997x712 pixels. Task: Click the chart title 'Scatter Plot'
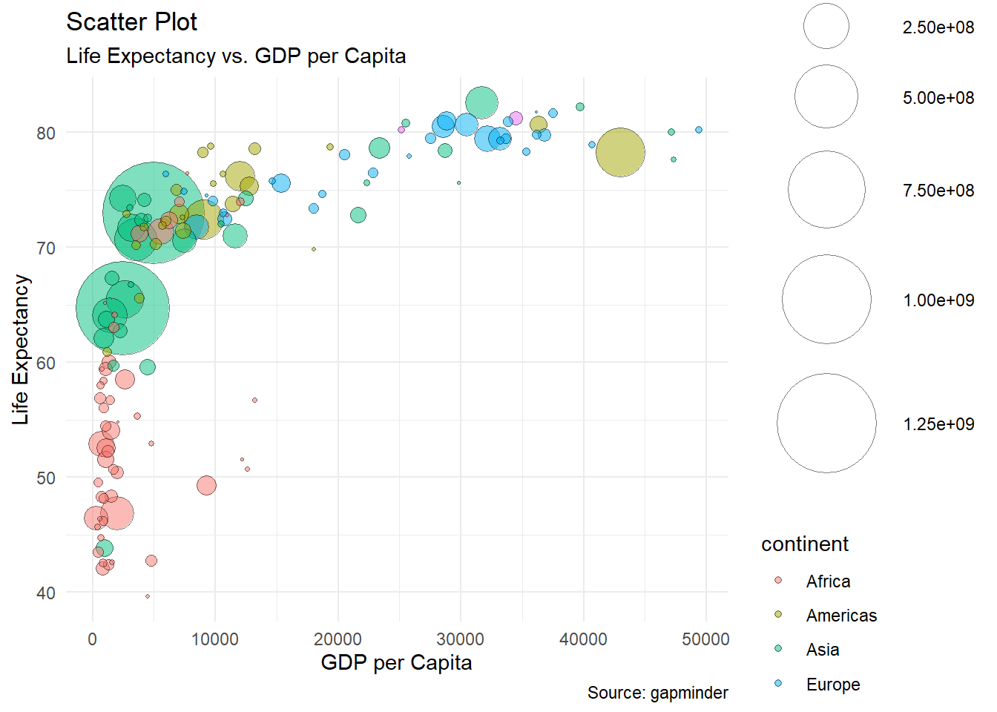(131, 22)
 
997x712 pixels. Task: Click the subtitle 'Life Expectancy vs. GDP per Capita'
(236, 56)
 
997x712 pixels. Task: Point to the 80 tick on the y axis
(46, 133)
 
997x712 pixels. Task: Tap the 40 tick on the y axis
(46, 593)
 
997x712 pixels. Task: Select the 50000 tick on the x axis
(705, 639)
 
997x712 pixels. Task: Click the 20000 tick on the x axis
(338, 639)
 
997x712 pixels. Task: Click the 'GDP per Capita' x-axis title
(396, 662)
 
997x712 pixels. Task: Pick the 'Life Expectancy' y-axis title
(21, 350)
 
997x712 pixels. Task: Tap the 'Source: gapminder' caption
(657, 693)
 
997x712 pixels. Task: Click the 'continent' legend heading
(805, 544)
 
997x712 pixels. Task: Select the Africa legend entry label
(828, 581)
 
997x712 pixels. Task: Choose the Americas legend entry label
(841, 616)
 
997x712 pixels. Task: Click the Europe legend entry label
(833, 685)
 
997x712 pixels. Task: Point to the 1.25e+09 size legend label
(938, 424)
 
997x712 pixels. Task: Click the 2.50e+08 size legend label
(938, 27)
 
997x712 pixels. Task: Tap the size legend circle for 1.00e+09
(826, 300)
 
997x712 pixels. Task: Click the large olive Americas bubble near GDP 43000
(620, 153)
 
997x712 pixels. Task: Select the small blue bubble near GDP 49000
(699, 130)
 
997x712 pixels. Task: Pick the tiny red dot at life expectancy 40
(148, 596)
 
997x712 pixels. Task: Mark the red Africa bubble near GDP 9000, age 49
(206, 486)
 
